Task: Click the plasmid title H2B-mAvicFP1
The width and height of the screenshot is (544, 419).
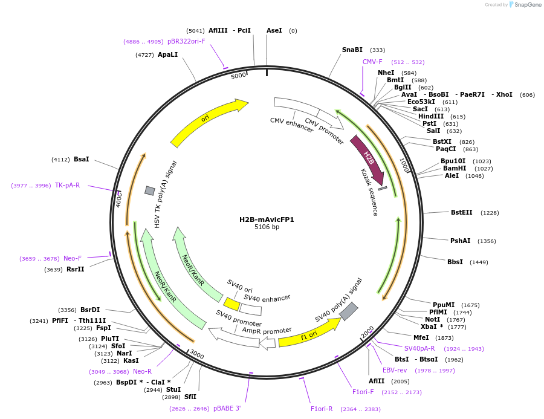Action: click(x=267, y=219)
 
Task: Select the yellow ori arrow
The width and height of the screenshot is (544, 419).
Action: click(x=209, y=123)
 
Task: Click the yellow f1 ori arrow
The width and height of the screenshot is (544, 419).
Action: click(x=308, y=333)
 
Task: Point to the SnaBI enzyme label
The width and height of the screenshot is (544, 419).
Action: click(x=352, y=50)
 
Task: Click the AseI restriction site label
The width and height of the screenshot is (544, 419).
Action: click(x=274, y=30)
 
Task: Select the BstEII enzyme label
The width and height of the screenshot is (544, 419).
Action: click(x=462, y=212)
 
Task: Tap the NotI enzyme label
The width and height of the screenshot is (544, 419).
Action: click(x=432, y=319)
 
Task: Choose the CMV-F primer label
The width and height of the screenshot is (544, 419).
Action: click(x=372, y=62)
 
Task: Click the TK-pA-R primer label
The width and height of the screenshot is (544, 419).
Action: click(x=67, y=185)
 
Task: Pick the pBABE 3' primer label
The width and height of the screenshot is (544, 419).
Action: click(x=227, y=408)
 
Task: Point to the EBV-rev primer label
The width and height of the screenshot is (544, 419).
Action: click(x=394, y=370)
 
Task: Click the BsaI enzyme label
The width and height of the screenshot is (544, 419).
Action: click(x=81, y=159)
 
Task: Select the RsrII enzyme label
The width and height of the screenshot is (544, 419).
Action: click(x=76, y=269)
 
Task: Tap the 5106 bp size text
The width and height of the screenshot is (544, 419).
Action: click(x=267, y=227)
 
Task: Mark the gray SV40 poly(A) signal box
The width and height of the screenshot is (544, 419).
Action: click(x=349, y=311)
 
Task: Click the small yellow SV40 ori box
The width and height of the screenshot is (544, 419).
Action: click(x=232, y=304)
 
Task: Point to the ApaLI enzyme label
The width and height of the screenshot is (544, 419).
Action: click(x=167, y=54)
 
